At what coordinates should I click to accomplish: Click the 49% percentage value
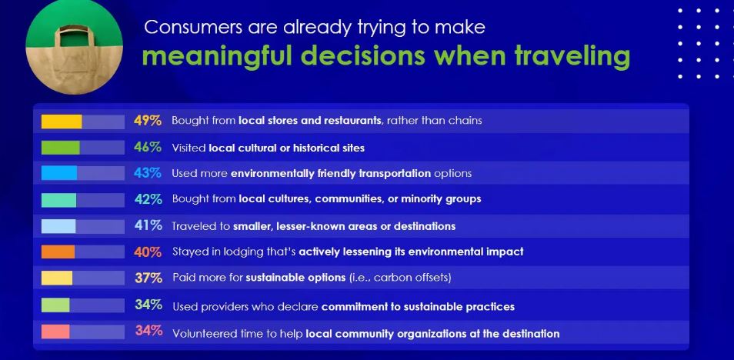148,121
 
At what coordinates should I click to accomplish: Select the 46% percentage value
148,148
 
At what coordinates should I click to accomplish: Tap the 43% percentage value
148,173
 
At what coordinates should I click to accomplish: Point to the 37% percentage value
148,278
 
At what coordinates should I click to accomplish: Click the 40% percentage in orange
148,252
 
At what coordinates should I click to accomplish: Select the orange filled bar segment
58,252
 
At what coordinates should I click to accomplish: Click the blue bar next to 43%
59,173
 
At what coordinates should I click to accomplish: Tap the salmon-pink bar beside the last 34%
55,332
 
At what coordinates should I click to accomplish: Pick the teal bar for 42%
59,200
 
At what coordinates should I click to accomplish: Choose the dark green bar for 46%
60,148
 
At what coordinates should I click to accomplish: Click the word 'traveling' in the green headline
572,56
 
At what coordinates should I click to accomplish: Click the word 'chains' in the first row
465,121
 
